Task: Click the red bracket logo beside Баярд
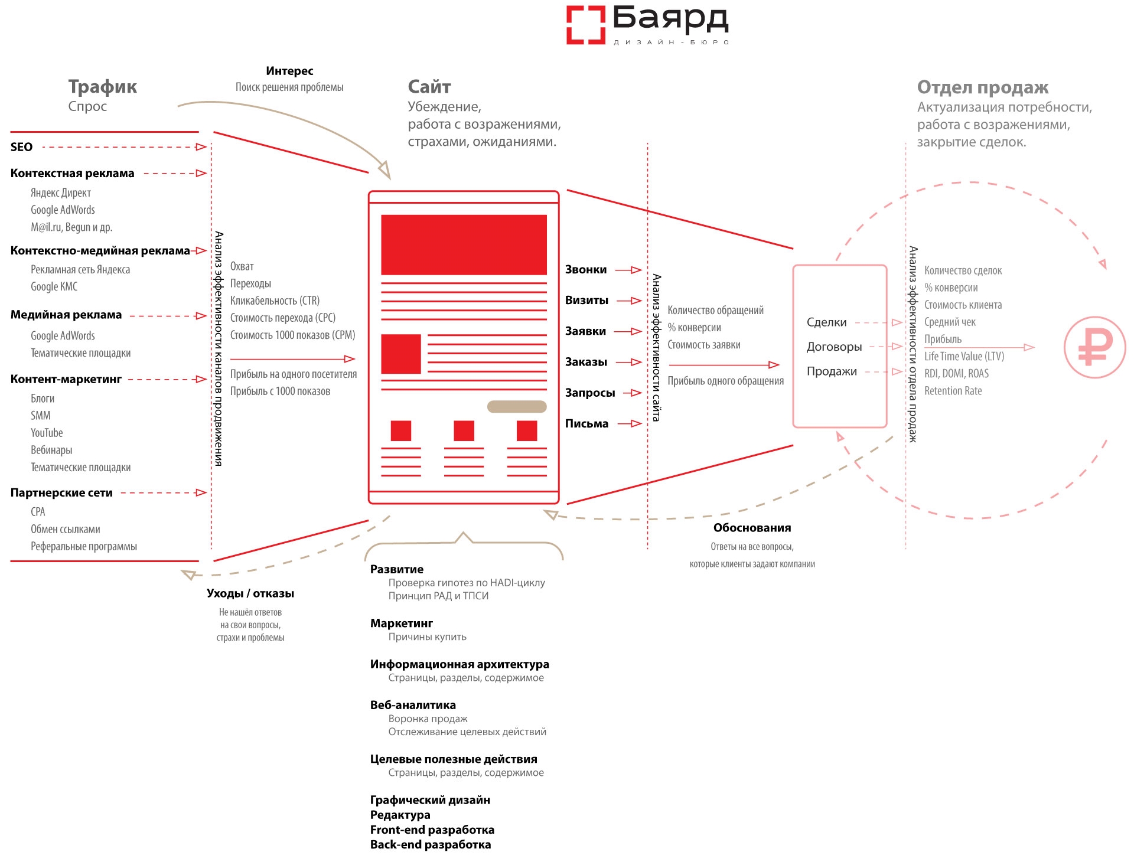click(x=585, y=25)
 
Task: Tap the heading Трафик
click(x=102, y=87)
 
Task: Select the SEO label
click(x=21, y=147)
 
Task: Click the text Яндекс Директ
click(x=61, y=193)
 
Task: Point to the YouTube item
click(x=47, y=433)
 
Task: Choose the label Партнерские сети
click(x=61, y=492)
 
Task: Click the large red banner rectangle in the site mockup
click(x=464, y=244)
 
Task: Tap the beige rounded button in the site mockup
click(x=517, y=406)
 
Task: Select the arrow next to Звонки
click(x=629, y=270)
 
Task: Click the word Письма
click(x=586, y=423)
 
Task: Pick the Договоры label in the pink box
click(x=834, y=347)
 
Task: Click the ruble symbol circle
click(x=1094, y=347)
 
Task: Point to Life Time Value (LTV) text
click(x=964, y=357)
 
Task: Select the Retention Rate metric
click(x=953, y=391)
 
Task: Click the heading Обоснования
click(x=752, y=528)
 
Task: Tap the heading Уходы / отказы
click(x=250, y=593)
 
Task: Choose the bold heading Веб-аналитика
click(x=413, y=705)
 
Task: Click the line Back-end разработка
click(x=431, y=844)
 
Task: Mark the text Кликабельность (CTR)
click(x=275, y=301)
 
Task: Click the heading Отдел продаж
click(x=983, y=87)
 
